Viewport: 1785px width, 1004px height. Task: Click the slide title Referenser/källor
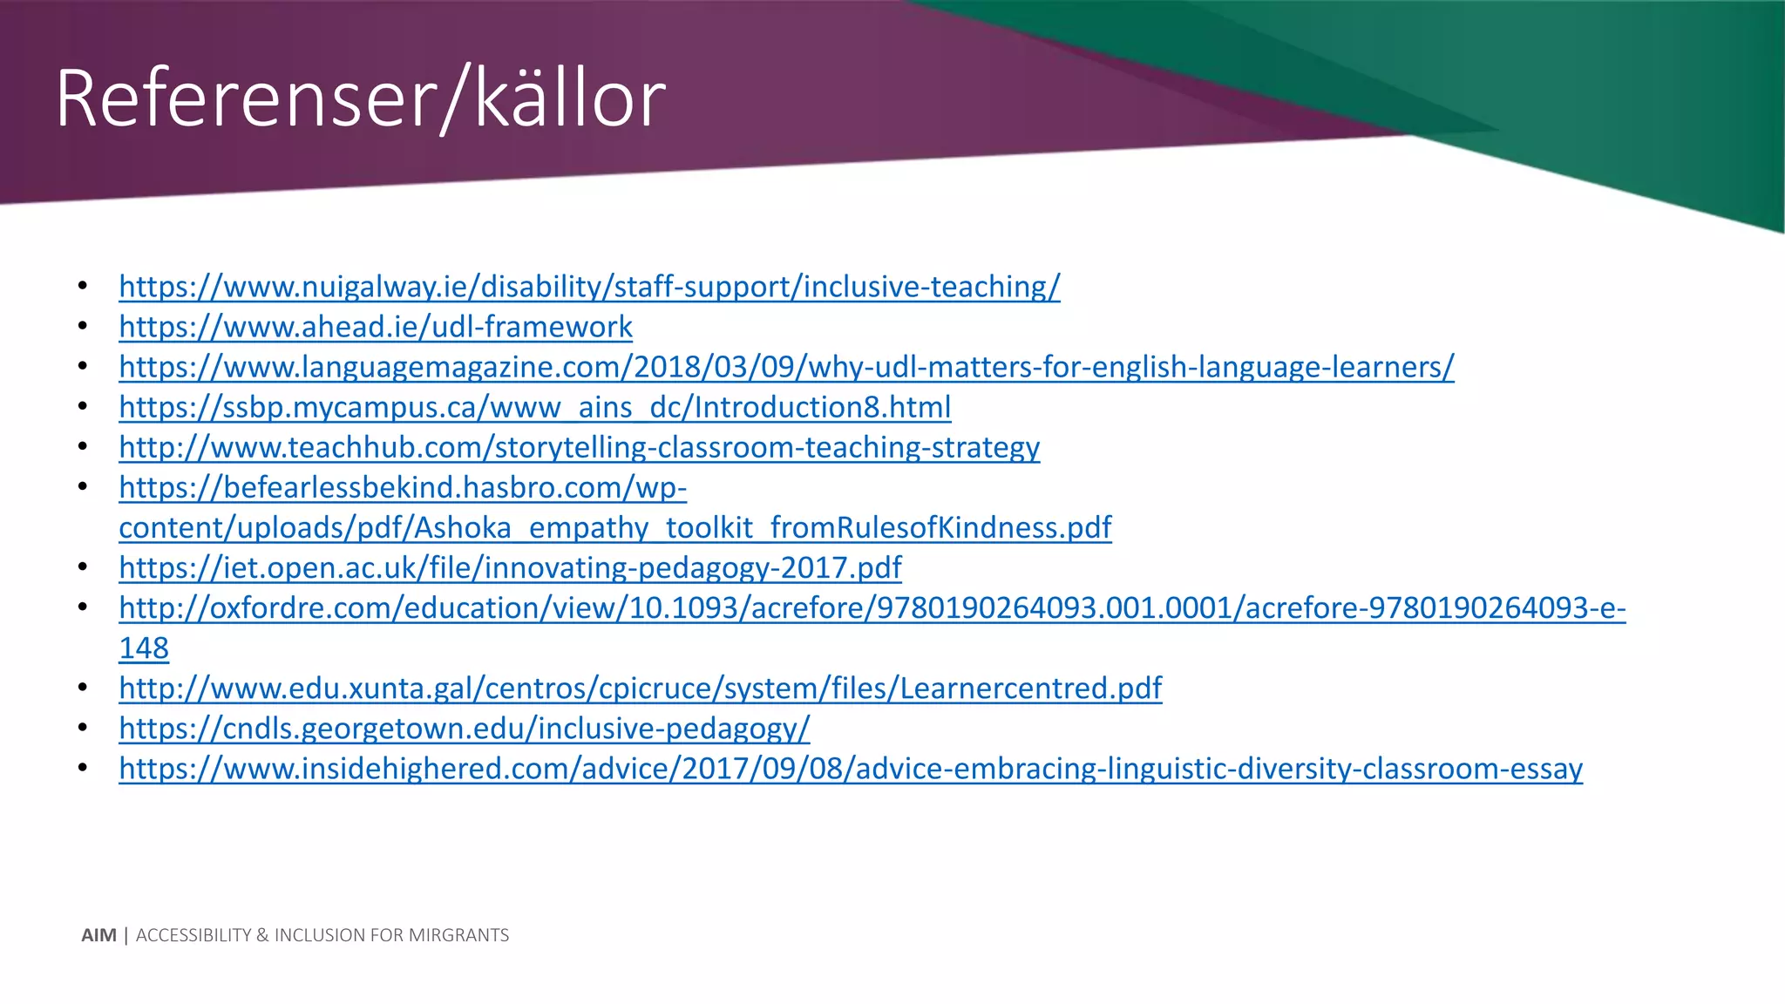[360, 98]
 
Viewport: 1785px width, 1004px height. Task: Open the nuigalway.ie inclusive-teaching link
[589, 287]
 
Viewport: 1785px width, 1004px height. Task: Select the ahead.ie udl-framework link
[376, 327]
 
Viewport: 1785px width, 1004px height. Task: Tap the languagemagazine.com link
[786, 367]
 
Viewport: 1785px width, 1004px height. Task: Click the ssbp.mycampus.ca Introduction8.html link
[534, 407]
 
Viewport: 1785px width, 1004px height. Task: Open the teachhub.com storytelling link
[579, 447]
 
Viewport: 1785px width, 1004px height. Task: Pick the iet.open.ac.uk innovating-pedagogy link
[510, 567]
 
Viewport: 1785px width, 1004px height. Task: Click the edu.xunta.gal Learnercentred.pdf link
[640, 688]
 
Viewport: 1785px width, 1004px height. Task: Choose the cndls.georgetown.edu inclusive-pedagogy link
[464, 728]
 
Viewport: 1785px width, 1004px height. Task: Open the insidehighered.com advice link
[851, 768]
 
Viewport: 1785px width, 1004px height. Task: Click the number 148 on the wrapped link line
[144, 648]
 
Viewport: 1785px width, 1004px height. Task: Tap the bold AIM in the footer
[98, 935]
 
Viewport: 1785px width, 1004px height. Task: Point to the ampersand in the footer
[262, 935]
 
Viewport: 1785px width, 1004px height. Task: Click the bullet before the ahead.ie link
[83, 327]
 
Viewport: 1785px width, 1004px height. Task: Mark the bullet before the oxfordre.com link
[83, 607]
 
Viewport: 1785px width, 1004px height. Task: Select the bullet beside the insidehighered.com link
[83, 768]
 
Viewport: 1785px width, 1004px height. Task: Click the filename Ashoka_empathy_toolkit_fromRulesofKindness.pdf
[763, 527]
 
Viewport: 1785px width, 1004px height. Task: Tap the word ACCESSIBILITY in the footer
[193, 935]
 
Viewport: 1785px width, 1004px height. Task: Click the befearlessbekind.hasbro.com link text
[403, 487]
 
